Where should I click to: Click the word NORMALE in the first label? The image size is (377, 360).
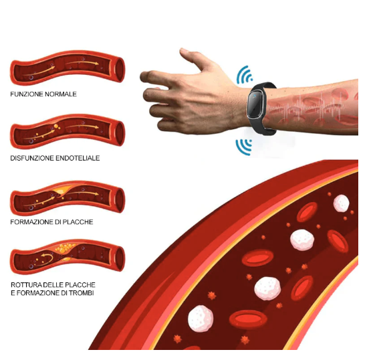59,94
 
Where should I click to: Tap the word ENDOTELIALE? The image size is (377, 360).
78,158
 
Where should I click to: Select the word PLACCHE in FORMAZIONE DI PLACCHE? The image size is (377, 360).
78,222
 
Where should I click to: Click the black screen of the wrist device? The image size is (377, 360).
255,104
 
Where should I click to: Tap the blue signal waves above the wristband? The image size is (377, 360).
244,75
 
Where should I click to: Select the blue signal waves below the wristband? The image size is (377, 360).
243,147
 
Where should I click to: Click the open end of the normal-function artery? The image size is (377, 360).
119,70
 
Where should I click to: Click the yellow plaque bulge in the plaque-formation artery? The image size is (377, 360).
61,190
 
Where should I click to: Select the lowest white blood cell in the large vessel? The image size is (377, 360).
201,319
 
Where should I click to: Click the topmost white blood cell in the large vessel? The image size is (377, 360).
341,203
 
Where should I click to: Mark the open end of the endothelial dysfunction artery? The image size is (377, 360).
119,133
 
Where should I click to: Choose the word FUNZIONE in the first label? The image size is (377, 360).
25,94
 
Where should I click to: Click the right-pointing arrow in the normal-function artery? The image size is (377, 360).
82,64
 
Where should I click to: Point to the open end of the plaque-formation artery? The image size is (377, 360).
119,200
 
